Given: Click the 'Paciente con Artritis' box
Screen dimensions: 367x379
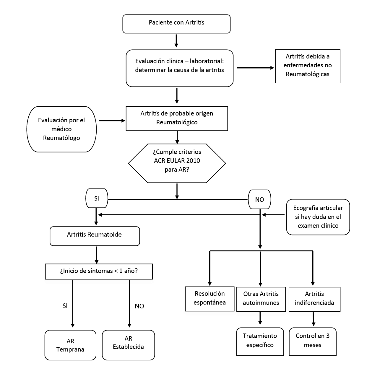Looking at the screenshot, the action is point(176,24).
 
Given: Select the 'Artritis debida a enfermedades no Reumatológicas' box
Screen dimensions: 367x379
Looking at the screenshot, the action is point(308,66).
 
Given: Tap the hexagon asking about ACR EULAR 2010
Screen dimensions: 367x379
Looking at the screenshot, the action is point(177,163).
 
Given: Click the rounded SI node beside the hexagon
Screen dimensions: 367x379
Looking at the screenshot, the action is point(97,198).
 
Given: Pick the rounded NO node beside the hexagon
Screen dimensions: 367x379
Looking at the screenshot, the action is point(259,199).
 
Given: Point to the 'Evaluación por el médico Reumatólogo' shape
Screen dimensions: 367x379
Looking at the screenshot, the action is point(61,129).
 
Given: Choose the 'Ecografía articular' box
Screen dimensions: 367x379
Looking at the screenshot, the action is point(318,217).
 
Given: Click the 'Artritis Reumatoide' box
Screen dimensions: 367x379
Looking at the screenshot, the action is point(95,236).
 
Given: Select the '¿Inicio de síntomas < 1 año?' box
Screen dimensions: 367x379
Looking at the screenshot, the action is point(99,271).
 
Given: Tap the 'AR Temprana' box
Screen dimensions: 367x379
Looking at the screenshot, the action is point(70,345).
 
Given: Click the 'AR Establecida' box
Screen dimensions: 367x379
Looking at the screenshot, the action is point(128,345).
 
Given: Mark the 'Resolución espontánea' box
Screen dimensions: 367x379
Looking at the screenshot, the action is point(210,299).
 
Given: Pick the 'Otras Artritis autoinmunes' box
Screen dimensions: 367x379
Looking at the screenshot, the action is point(261,299).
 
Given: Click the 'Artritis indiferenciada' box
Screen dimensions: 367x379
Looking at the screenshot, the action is point(314,299).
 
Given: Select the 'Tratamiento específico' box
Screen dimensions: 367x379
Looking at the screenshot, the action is point(260,341).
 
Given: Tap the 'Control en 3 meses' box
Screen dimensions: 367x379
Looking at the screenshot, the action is point(312,341).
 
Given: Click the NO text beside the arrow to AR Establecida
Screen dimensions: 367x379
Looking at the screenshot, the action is point(139,306).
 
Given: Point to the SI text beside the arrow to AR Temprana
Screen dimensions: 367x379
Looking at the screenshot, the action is point(65,306).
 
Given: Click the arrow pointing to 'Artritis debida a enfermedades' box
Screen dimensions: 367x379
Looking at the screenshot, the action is point(256,68).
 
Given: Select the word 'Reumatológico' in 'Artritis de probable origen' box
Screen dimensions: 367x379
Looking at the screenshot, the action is point(177,122).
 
